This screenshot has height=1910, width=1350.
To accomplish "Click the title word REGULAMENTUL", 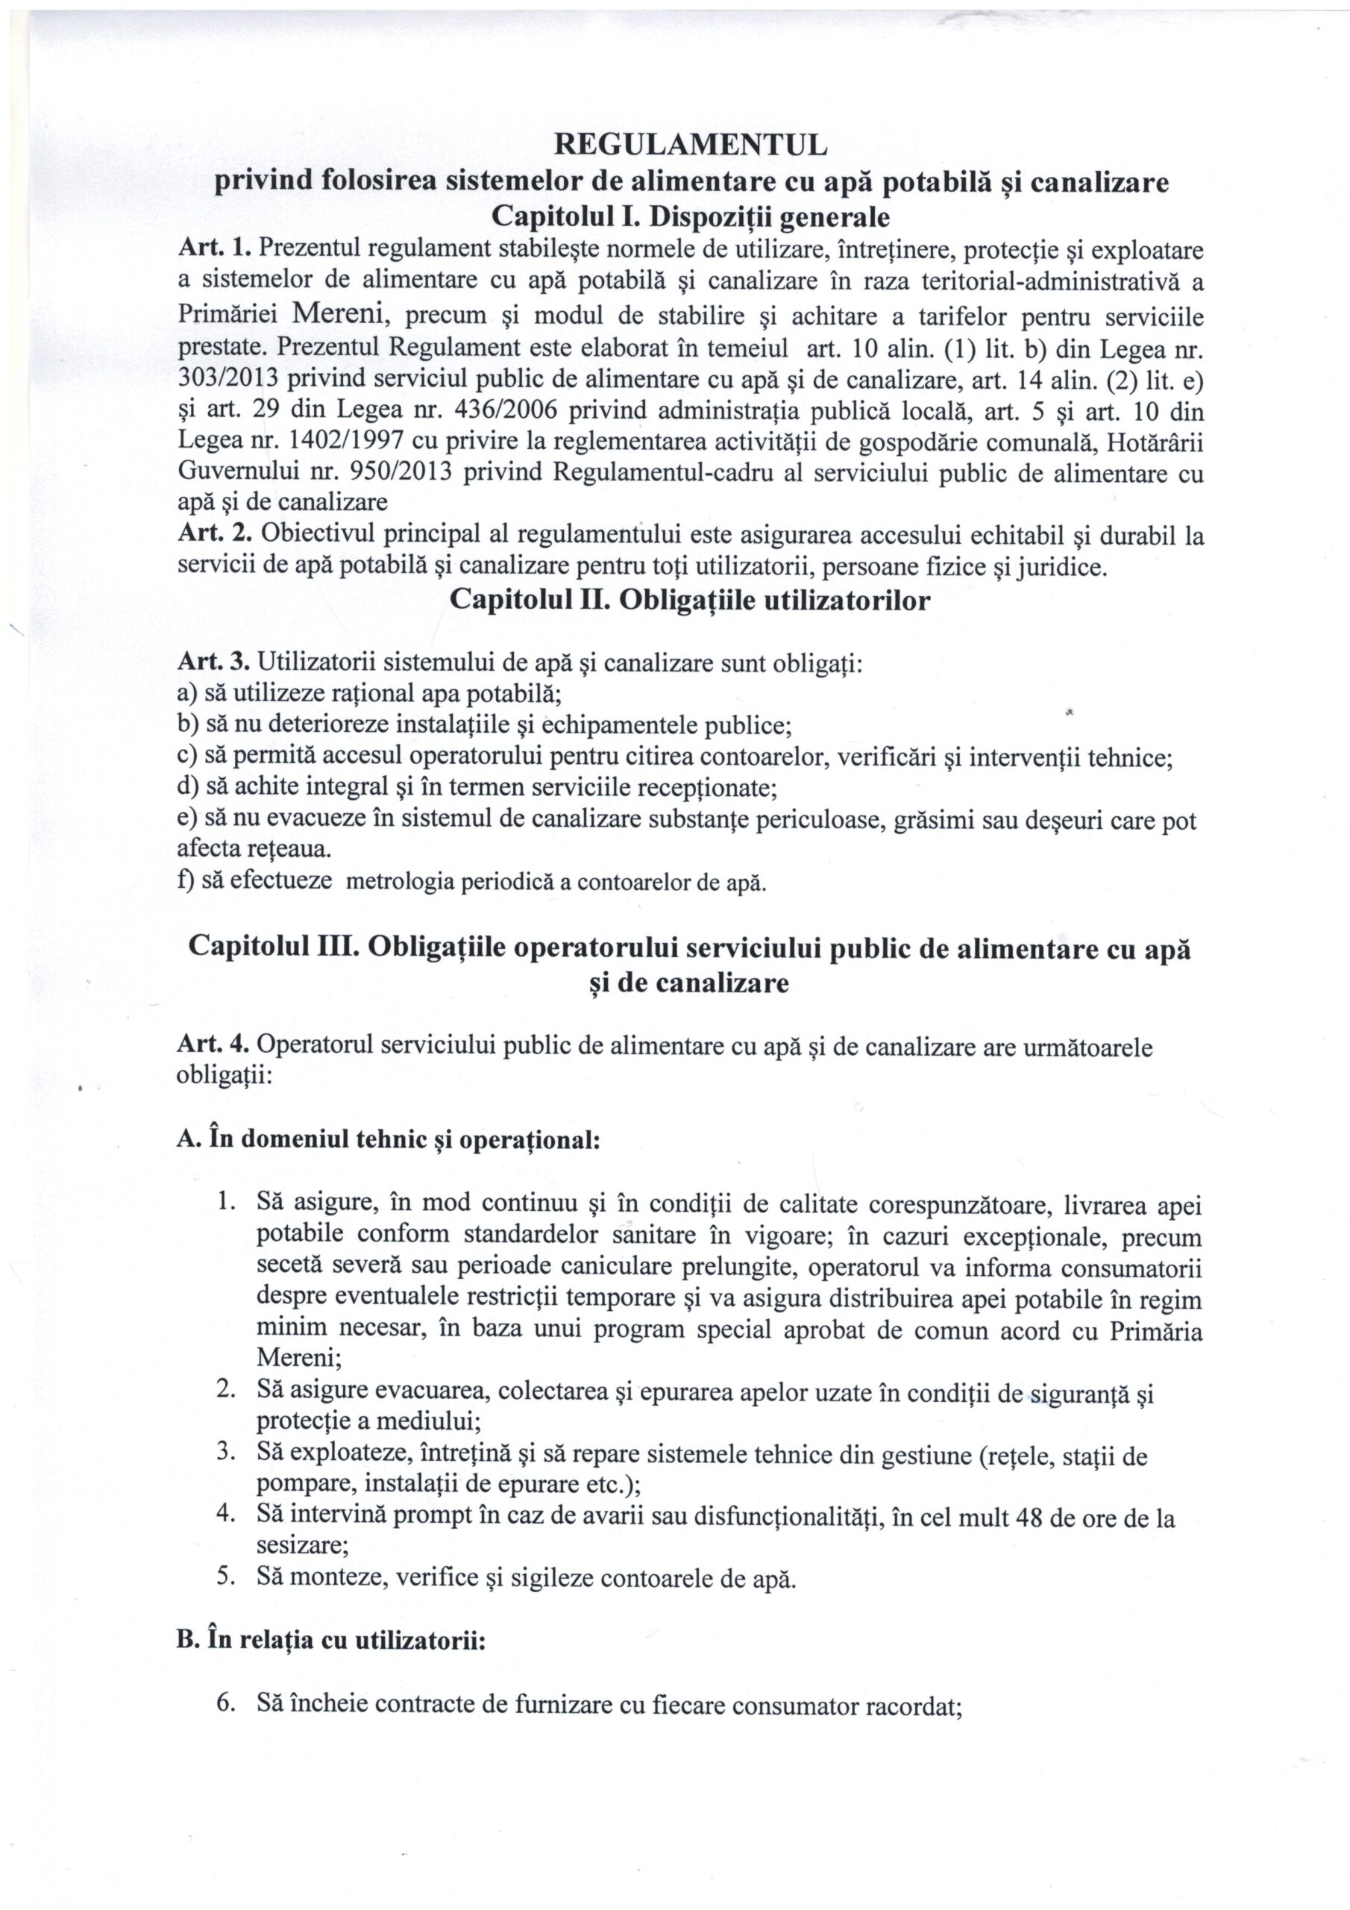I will click(x=691, y=145).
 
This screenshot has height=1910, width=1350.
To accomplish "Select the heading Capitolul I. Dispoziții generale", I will click(x=691, y=217).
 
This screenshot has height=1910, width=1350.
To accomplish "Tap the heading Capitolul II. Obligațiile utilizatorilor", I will click(x=690, y=601).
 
